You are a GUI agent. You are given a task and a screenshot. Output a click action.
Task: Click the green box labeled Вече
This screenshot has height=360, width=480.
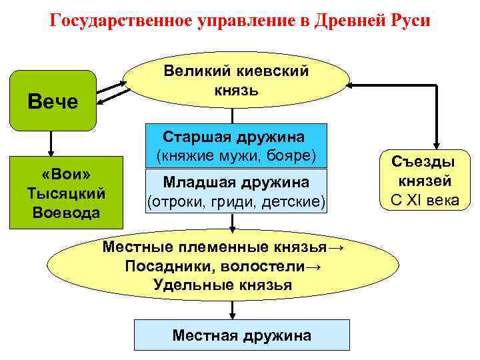pos(53,100)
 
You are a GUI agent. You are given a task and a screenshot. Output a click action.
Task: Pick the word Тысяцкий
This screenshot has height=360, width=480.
pos(65,193)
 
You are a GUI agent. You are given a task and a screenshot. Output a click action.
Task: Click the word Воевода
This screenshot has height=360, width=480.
pos(65,213)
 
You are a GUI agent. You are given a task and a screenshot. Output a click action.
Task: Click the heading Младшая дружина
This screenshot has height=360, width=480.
pos(236,181)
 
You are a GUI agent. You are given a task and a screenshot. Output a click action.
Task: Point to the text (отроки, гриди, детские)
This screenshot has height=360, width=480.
pos(236,200)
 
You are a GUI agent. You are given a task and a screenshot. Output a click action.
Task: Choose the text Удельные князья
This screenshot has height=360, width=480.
pos(222,285)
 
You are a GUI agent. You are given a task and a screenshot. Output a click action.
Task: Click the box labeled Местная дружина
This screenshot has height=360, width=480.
pos(241,335)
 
